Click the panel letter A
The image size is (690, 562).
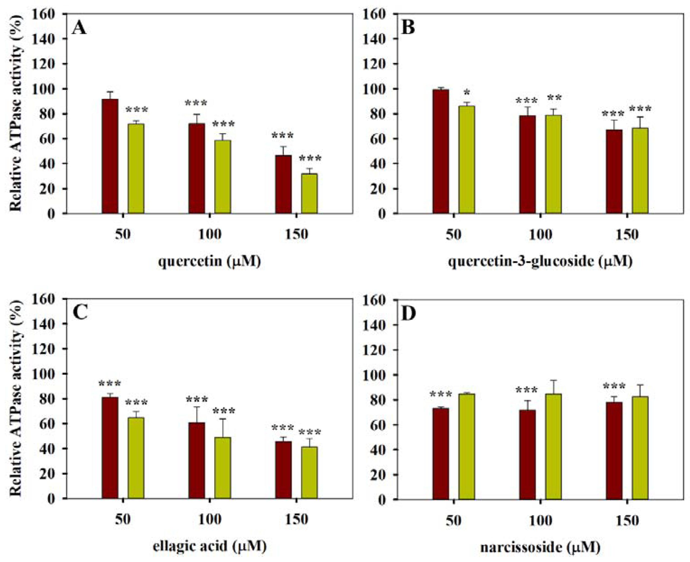tap(79, 28)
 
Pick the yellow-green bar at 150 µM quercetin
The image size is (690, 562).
tap(309, 193)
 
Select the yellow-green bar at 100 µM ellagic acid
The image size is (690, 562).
tap(223, 468)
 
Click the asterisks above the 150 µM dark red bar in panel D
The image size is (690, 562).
tap(614, 386)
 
